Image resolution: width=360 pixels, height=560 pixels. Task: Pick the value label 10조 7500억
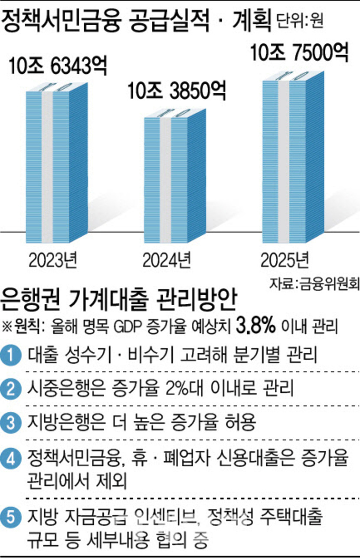299,52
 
